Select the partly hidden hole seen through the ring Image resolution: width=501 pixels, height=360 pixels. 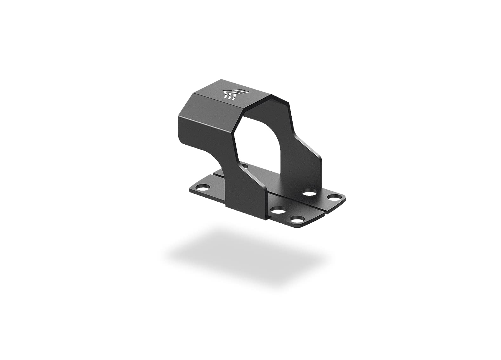(244, 165)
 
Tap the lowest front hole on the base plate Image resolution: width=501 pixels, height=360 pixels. (296, 219)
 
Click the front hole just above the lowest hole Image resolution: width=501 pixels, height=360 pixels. (278, 210)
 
